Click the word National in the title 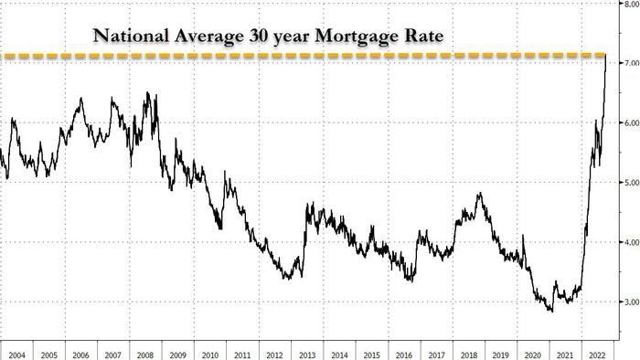(x=131, y=36)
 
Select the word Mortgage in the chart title (x=355, y=37)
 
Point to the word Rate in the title (x=423, y=36)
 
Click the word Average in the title (x=208, y=37)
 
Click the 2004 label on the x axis (x=16, y=355)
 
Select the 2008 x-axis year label (x=145, y=355)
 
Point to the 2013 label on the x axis (x=307, y=355)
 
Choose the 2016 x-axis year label (x=404, y=355)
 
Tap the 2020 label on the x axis (x=533, y=355)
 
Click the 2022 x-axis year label (x=597, y=355)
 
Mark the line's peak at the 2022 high (x=605, y=55)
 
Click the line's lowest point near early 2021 (x=552, y=312)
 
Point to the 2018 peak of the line (x=481, y=193)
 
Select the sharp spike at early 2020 (x=523, y=235)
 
